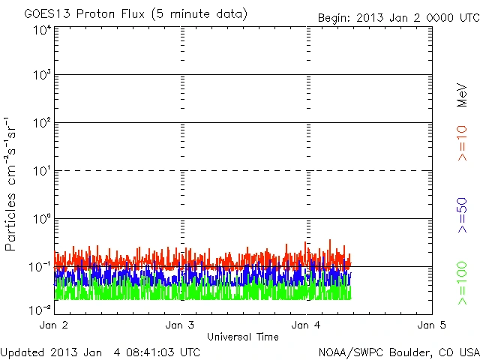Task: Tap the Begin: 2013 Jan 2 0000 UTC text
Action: tap(397, 16)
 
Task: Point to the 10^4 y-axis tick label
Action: tap(42, 30)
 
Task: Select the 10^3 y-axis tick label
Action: tap(42, 76)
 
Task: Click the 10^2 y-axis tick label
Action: tap(42, 124)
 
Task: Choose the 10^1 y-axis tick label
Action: tap(42, 172)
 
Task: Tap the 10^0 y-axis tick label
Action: tap(42, 219)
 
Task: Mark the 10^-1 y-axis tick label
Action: tap(41, 267)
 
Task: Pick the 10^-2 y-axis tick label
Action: tap(41, 309)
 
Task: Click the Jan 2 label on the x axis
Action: tap(54, 326)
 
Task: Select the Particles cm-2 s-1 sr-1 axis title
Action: tap(12, 184)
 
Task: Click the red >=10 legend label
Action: tap(462, 142)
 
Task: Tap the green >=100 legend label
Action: tap(462, 283)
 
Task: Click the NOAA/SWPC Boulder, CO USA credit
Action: tap(398, 352)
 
